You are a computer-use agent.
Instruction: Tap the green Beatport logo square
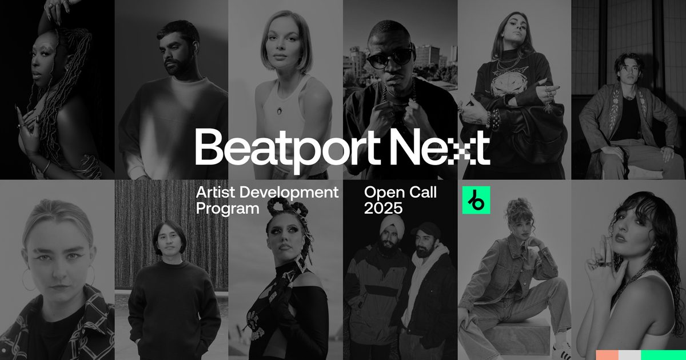pos(476,200)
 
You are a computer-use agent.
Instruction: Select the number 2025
pos(383,209)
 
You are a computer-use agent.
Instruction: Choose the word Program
pos(228,209)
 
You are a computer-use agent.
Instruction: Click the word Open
pos(381,193)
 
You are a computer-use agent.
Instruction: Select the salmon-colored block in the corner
pos(607,355)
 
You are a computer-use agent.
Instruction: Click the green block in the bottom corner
pos(663,355)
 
